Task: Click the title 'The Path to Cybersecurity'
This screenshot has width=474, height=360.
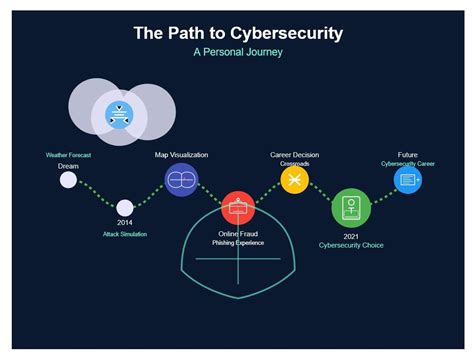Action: click(237, 33)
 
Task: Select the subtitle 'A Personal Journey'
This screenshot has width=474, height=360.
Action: click(237, 52)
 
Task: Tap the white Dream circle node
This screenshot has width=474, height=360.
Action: click(68, 180)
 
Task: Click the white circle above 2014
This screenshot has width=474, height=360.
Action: click(125, 207)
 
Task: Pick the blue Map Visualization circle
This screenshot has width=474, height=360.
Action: click(181, 180)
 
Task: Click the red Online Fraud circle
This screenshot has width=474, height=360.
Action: click(238, 208)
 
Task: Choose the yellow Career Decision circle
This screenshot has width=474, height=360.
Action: click(294, 180)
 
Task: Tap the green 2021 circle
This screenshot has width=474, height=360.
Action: click(351, 208)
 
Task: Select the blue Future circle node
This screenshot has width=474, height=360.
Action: click(407, 180)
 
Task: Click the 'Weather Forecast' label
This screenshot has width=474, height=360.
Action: click(68, 155)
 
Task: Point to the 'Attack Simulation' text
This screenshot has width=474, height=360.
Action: click(125, 234)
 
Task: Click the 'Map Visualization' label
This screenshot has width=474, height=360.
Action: click(181, 155)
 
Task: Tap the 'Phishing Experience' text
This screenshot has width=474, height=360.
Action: click(238, 243)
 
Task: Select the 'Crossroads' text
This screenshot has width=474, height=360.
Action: click(294, 164)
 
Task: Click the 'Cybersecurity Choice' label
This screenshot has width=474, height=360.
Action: click(351, 244)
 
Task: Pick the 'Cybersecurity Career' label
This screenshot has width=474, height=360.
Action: click(407, 164)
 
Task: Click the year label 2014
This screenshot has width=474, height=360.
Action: click(125, 222)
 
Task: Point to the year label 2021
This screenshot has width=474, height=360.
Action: click(351, 235)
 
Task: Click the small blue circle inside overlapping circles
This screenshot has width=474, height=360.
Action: click(120, 114)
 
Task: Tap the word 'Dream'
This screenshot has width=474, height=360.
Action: click(68, 166)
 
